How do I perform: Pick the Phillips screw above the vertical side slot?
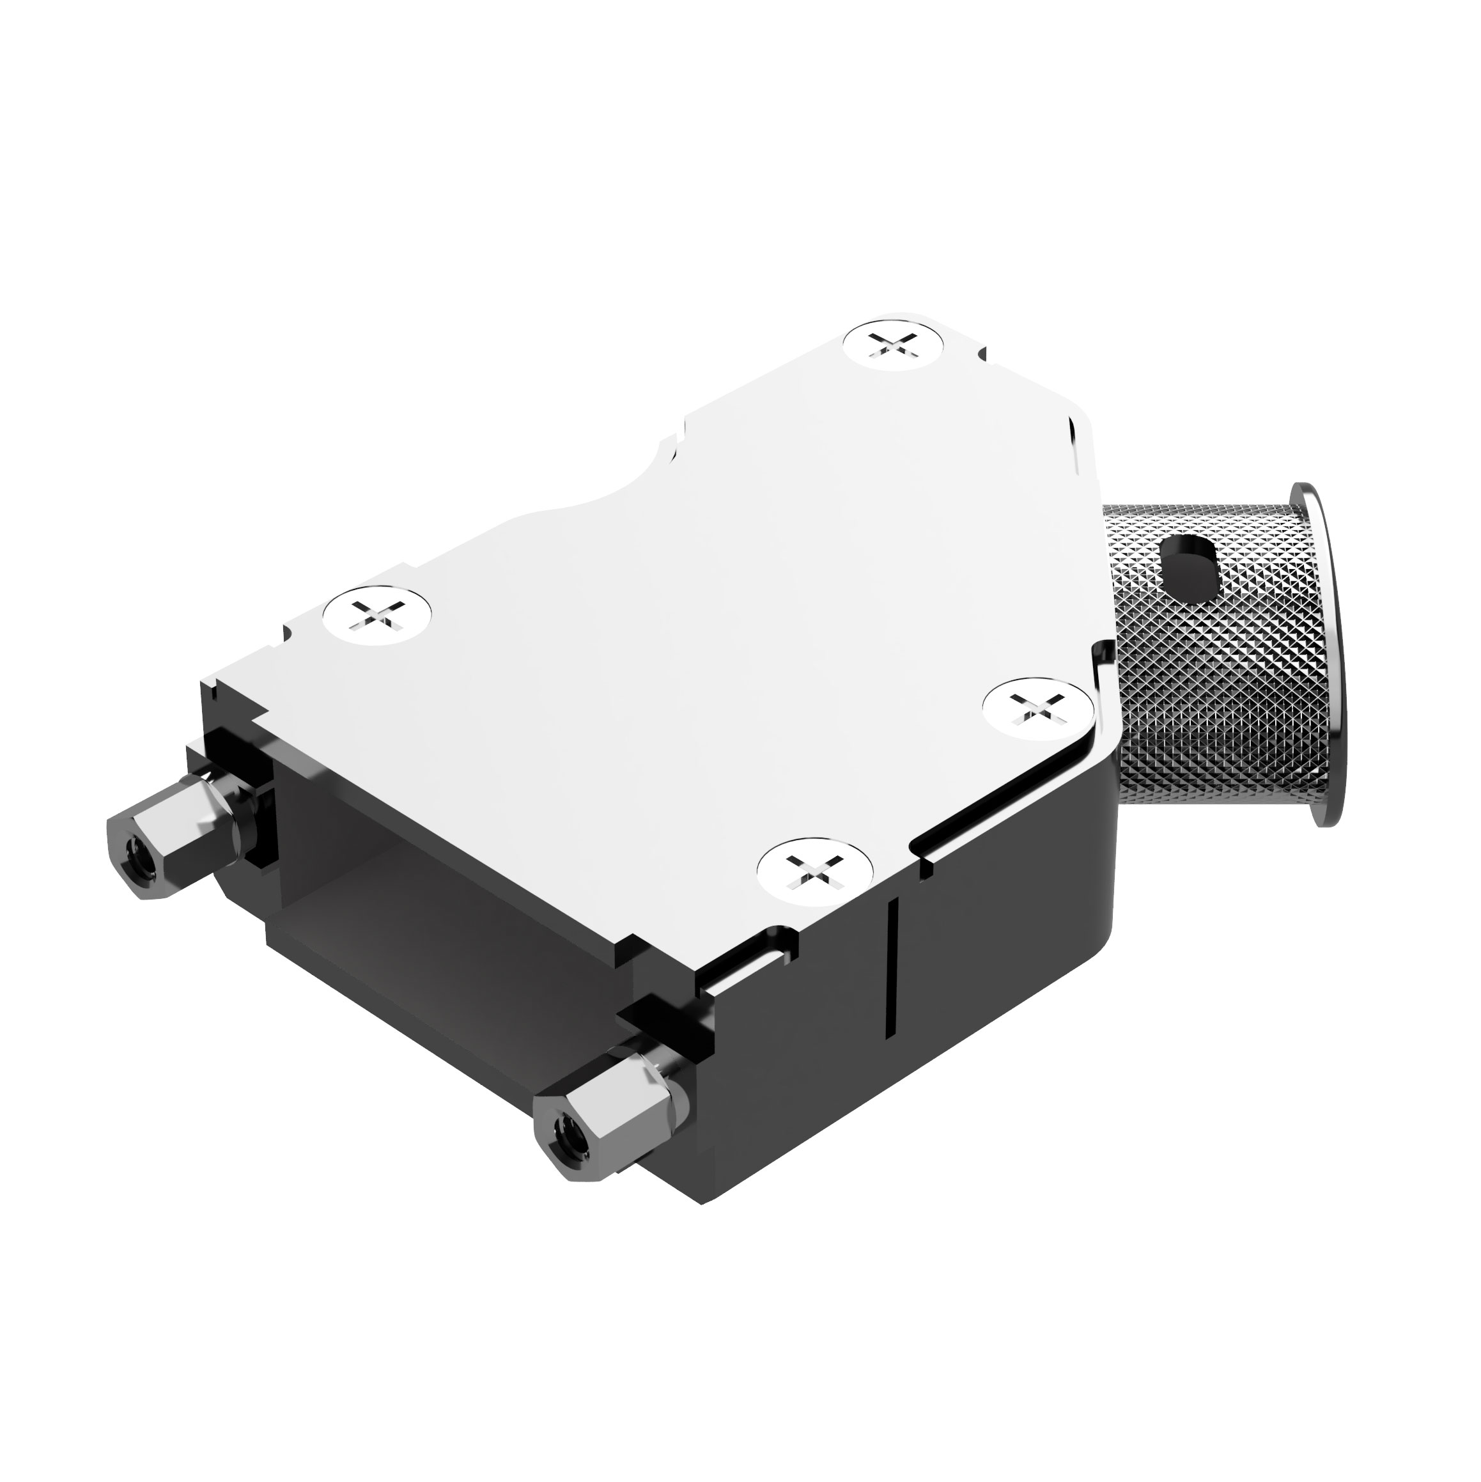tap(814, 869)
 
